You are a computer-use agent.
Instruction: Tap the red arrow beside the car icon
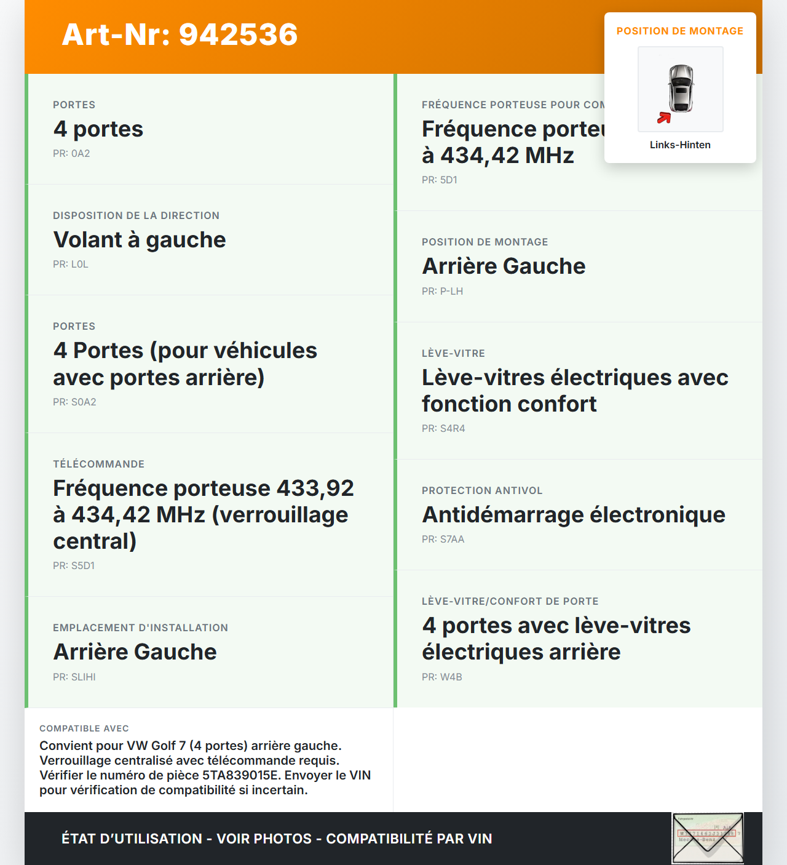[664, 118]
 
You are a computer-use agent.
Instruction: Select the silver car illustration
[681, 88]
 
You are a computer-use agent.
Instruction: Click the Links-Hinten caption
[680, 145]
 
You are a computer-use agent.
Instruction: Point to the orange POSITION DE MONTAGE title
[680, 31]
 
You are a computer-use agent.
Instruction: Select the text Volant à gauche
[140, 240]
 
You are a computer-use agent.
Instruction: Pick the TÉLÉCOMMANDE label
[98, 464]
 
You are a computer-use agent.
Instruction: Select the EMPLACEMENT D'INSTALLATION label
[140, 628]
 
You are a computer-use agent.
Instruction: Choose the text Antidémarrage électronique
[574, 515]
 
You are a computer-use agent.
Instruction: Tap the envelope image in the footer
[708, 839]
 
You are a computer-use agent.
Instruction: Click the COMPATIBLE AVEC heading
[84, 729]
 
